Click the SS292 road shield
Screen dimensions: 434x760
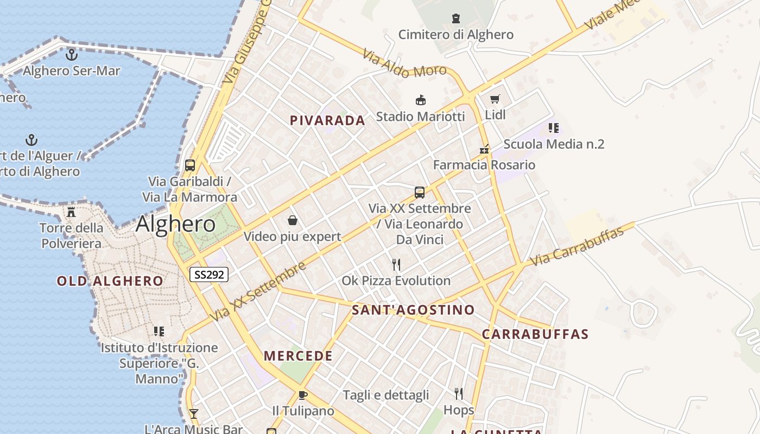coord(209,275)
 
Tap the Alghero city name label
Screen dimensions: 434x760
coord(176,224)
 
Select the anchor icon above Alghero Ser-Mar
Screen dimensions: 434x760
coord(71,55)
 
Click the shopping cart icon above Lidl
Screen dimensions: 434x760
coord(495,99)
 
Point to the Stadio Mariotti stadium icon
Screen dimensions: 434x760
coord(420,100)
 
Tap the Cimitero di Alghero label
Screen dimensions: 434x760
coord(455,35)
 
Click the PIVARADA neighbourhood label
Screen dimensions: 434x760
coord(327,120)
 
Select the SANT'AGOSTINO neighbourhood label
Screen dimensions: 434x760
coord(413,310)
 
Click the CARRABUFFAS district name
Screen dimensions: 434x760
coord(535,334)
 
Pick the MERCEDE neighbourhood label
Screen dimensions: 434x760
coord(298,356)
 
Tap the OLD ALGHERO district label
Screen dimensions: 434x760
coord(110,280)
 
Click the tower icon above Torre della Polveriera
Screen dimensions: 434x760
coord(71,212)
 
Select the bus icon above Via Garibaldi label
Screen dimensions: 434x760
coord(189,165)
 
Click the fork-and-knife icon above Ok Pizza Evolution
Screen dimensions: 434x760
coord(396,265)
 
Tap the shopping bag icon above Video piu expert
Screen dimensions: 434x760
coord(292,220)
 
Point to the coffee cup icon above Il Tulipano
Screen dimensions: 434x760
coord(302,395)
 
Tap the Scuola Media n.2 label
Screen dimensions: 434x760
coord(554,144)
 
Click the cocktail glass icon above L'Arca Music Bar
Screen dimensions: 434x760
coord(193,414)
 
